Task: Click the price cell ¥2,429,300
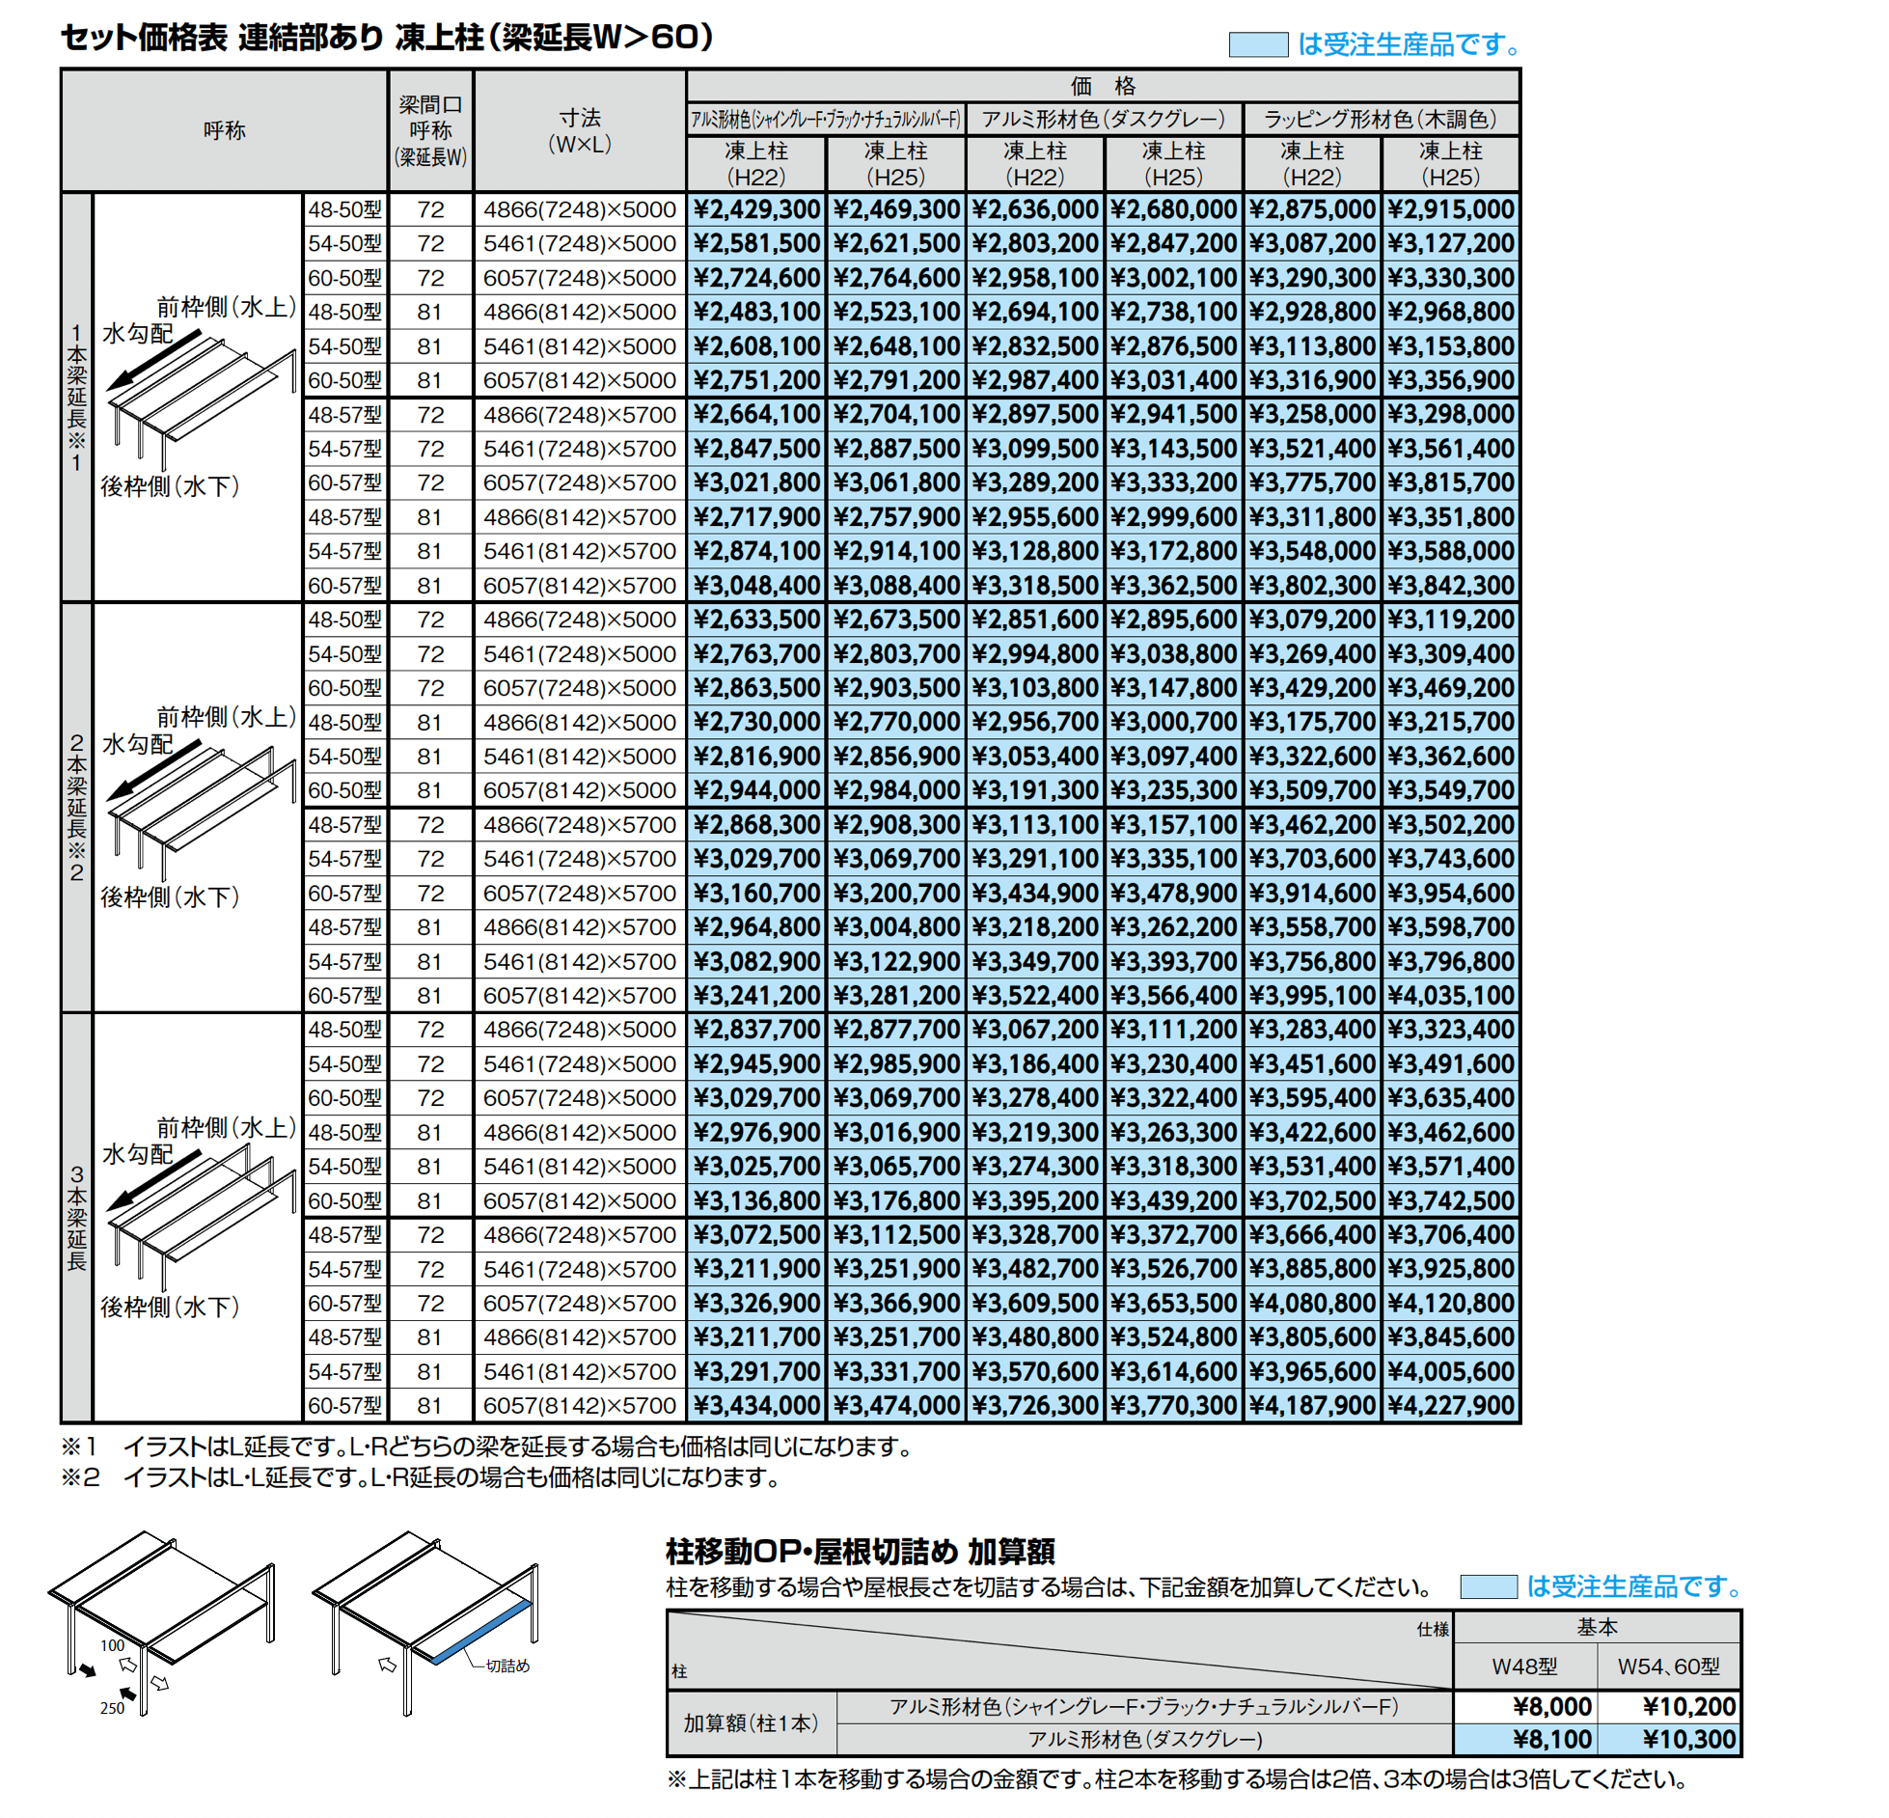[756, 209]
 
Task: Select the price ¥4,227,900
[1451, 1405]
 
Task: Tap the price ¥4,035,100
[1451, 995]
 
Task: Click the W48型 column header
[1524, 1666]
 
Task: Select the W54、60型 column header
[1669, 1666]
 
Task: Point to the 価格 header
[1103, 86]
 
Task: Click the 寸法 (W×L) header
[580, 130]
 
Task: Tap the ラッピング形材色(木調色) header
[1381, 119]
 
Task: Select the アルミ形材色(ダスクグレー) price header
[1104, 119]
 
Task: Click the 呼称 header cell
[225, 130]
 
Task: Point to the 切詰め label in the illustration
[507, 1666]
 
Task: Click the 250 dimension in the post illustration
[112, 1708]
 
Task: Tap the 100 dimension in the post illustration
[112, 1645]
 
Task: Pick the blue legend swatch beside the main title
[1258, 44]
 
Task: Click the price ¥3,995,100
[1312, 995]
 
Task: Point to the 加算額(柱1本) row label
[751, 1722]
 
